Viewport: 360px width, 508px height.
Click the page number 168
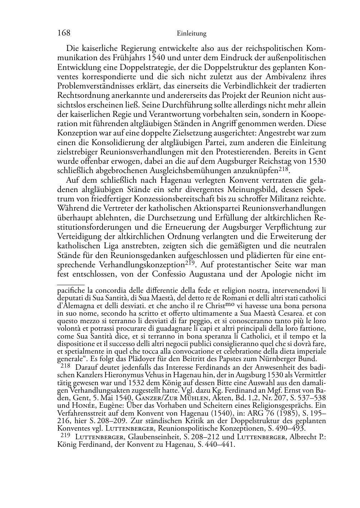pos(64,33)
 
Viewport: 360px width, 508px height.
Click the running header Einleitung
pos(192,34)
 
